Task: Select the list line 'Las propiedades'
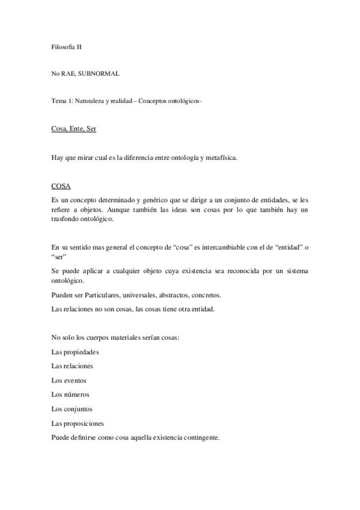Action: point(75,351)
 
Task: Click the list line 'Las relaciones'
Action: point(72,366)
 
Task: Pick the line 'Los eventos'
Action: point(69,380)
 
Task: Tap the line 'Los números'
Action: point(70,395)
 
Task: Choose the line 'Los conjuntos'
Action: point(72,409)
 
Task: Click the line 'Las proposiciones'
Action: point(78,423)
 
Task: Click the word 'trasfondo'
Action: point(67,220)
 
